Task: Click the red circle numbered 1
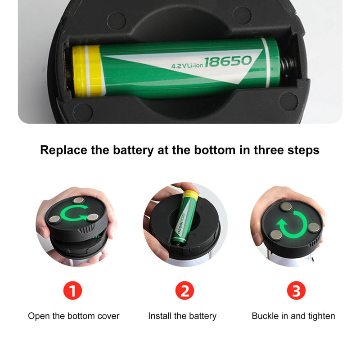point(72,290)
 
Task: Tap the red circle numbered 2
point(184,290)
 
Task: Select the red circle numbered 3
point(296,290)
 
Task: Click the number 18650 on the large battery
point(228,61)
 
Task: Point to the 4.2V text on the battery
point(179,66)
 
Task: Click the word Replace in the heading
point(63,150)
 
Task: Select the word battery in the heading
point(133,150)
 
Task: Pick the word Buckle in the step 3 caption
point(265,316)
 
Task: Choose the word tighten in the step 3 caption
point(321,316)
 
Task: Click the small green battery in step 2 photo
point(185,217)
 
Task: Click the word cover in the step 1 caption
point(108,316)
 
